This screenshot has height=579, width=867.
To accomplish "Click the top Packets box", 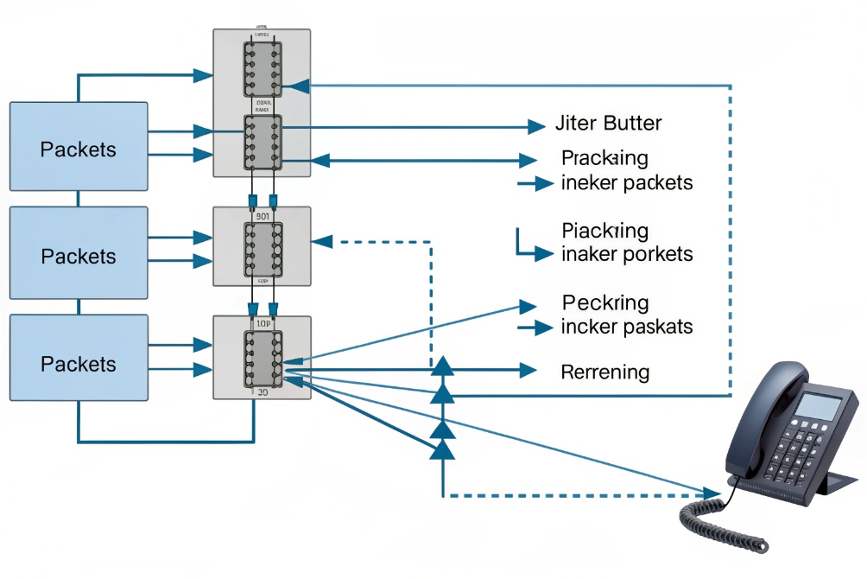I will [x=79, y=147].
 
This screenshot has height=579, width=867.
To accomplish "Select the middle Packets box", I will [x=79, y=256].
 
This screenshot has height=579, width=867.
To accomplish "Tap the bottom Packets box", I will [x=79, y=363].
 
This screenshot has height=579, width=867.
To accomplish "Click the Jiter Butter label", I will [x=608, y=124].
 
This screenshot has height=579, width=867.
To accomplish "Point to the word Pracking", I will [x=604, y=159].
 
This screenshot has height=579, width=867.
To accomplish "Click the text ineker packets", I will [x=626, y=183].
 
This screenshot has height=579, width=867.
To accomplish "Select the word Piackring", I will [x=604, y=231].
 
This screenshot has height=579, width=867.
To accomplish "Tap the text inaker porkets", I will [x=626, y=254].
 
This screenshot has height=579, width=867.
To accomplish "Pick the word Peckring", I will [x=604, y=303].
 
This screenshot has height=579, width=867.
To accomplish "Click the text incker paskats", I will [x=626, y=328].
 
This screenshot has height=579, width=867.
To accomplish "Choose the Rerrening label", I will [x=604, y=372].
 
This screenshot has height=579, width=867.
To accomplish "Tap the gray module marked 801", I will [x=262, y=246].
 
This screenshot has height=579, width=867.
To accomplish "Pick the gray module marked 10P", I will [x=262, y=357].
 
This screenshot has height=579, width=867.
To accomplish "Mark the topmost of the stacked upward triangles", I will [x=442, y=366].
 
